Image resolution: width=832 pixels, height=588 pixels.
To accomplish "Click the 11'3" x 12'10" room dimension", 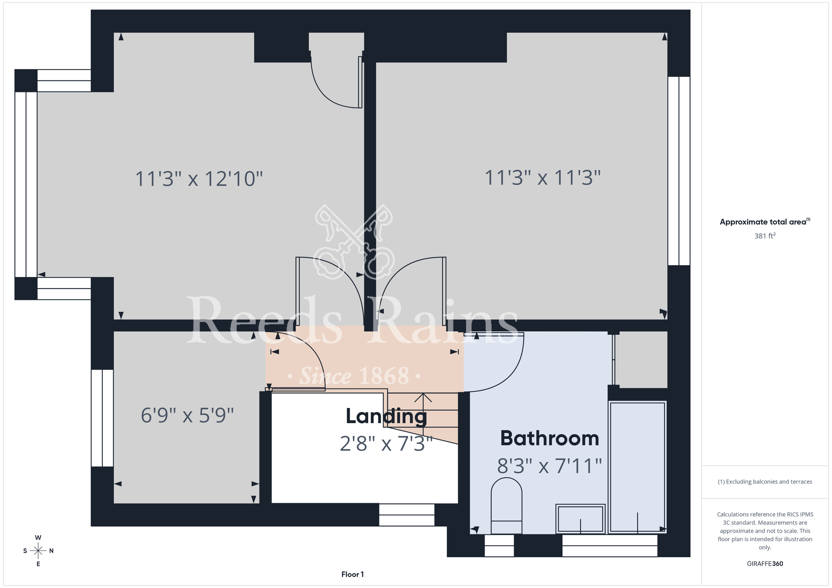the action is point(199,179).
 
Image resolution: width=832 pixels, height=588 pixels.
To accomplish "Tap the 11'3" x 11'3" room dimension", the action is point(542,178).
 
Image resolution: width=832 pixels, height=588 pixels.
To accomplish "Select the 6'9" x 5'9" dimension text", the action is point(187,415).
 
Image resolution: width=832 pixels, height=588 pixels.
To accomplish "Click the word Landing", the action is point(386,417).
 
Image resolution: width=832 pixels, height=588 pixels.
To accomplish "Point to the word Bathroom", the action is point(550,438).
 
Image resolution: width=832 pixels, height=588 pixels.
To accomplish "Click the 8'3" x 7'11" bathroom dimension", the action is point(550,466).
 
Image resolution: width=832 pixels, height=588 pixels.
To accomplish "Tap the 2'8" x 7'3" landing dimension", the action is point(386,444).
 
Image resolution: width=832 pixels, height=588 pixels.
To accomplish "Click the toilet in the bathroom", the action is point(506,506).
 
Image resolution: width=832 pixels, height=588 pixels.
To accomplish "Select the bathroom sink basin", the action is point(580,519).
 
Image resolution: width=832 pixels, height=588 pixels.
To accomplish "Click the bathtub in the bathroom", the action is point(637,467).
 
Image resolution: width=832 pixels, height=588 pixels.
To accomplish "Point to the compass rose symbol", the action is point(38,551).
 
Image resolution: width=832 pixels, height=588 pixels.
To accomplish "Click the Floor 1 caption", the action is point(352,574).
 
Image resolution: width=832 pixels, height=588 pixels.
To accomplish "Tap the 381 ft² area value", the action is point(765,236).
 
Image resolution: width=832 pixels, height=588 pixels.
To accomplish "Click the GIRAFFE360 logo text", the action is point(765,564).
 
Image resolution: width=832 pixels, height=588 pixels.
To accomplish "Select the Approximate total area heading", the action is point(765,222).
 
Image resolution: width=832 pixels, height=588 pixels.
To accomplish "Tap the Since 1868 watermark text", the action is point(354,376).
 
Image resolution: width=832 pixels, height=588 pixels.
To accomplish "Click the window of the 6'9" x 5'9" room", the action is point(102,418).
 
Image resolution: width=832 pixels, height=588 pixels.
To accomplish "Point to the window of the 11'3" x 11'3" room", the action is point(679,171).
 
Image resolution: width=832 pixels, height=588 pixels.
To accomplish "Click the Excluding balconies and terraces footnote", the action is point(765,482).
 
